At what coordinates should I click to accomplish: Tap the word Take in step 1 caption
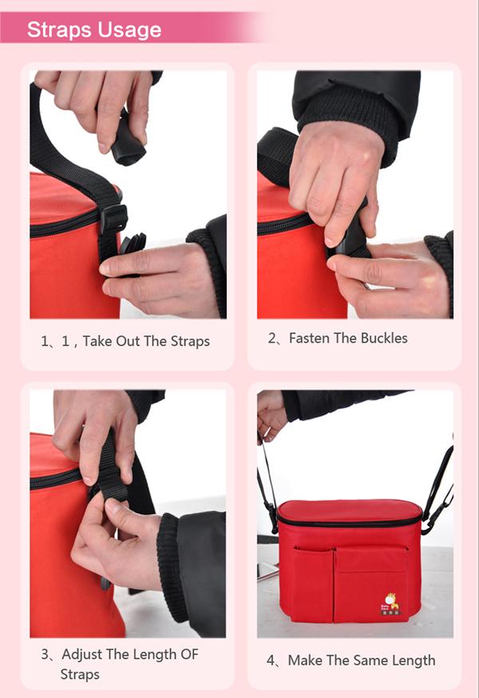coord(97,341)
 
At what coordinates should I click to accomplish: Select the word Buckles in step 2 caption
coord(384,339)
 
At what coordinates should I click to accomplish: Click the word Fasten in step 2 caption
coord(311,339)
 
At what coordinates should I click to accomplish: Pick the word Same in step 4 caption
coord(365,660)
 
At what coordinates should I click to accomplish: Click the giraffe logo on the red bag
coord(390,603)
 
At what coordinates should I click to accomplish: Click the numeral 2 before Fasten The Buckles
coord(271,339)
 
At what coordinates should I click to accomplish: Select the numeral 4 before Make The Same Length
coord(271,660)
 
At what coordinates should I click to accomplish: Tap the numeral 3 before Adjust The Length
coord(45,654)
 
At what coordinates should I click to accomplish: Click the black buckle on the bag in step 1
coord(113,219)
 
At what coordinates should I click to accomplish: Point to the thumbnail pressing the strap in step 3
coord(111,506)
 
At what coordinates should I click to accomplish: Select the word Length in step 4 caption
coord(411,661)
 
